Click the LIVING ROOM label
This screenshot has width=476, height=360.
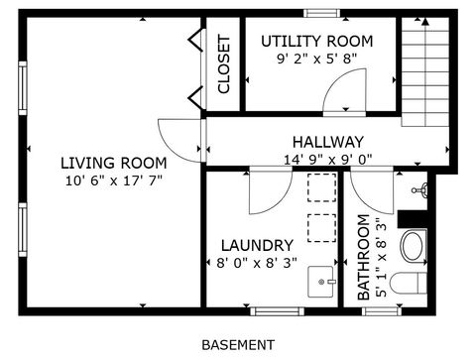tap(112, 163)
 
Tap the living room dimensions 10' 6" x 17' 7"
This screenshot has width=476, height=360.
tap(112, 180)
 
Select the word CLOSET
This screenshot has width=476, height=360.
tap(224, 64)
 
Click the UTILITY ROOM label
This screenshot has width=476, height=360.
tap(316, 41)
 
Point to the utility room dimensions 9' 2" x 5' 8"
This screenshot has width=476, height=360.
tap(316, 58)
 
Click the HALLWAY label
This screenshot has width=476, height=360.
tap(327, 142)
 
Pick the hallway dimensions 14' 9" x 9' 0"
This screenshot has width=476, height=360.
tap(327, 158)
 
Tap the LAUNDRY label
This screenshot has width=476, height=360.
tap(256, 245)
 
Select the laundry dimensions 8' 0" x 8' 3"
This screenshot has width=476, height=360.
tap(256, 264)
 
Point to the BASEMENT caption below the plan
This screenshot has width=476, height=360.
tap(238, 345)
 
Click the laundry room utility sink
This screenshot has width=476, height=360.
tap(322, 282)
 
